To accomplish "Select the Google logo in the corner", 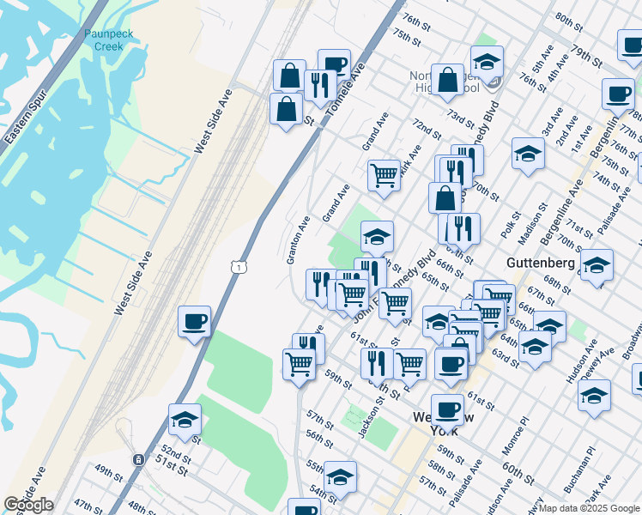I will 28,505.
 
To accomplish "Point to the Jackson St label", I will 372,420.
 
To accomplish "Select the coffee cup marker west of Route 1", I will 195,323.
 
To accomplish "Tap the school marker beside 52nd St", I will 185,420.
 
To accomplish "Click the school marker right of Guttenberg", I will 597,265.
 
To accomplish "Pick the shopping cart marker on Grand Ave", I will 385,176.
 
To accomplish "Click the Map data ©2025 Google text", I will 590,508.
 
